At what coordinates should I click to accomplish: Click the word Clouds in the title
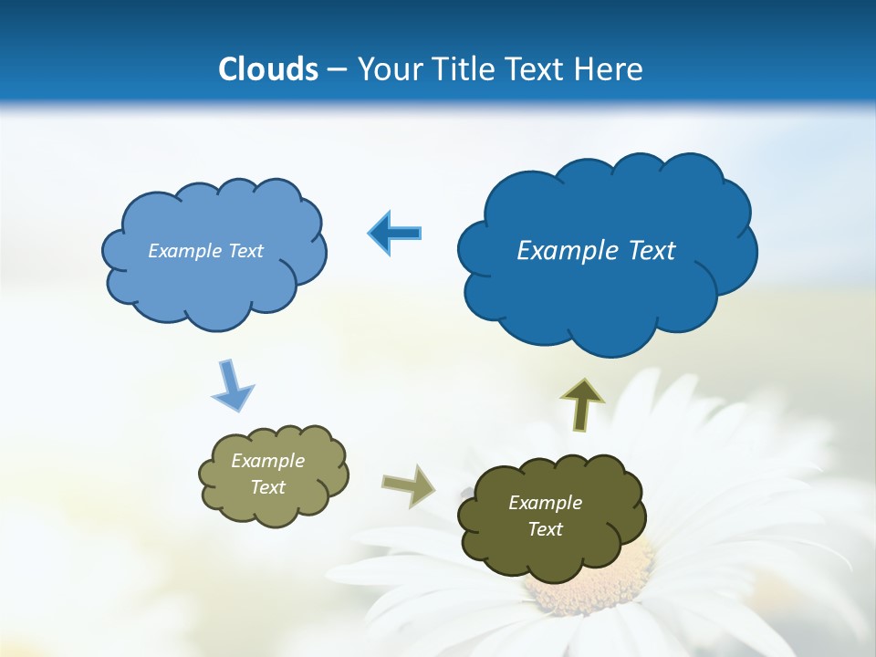click(268, 69)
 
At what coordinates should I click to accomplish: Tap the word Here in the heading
click(610, 69)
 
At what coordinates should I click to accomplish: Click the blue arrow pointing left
click(394, 234)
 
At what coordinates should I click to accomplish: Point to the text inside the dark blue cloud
click(596, 251)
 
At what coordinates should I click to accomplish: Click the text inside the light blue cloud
click(205, 251)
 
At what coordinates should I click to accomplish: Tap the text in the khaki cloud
click(268, 474)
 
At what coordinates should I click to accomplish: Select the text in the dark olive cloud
click(545, 516)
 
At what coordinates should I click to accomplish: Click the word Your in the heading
click(389, 69)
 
